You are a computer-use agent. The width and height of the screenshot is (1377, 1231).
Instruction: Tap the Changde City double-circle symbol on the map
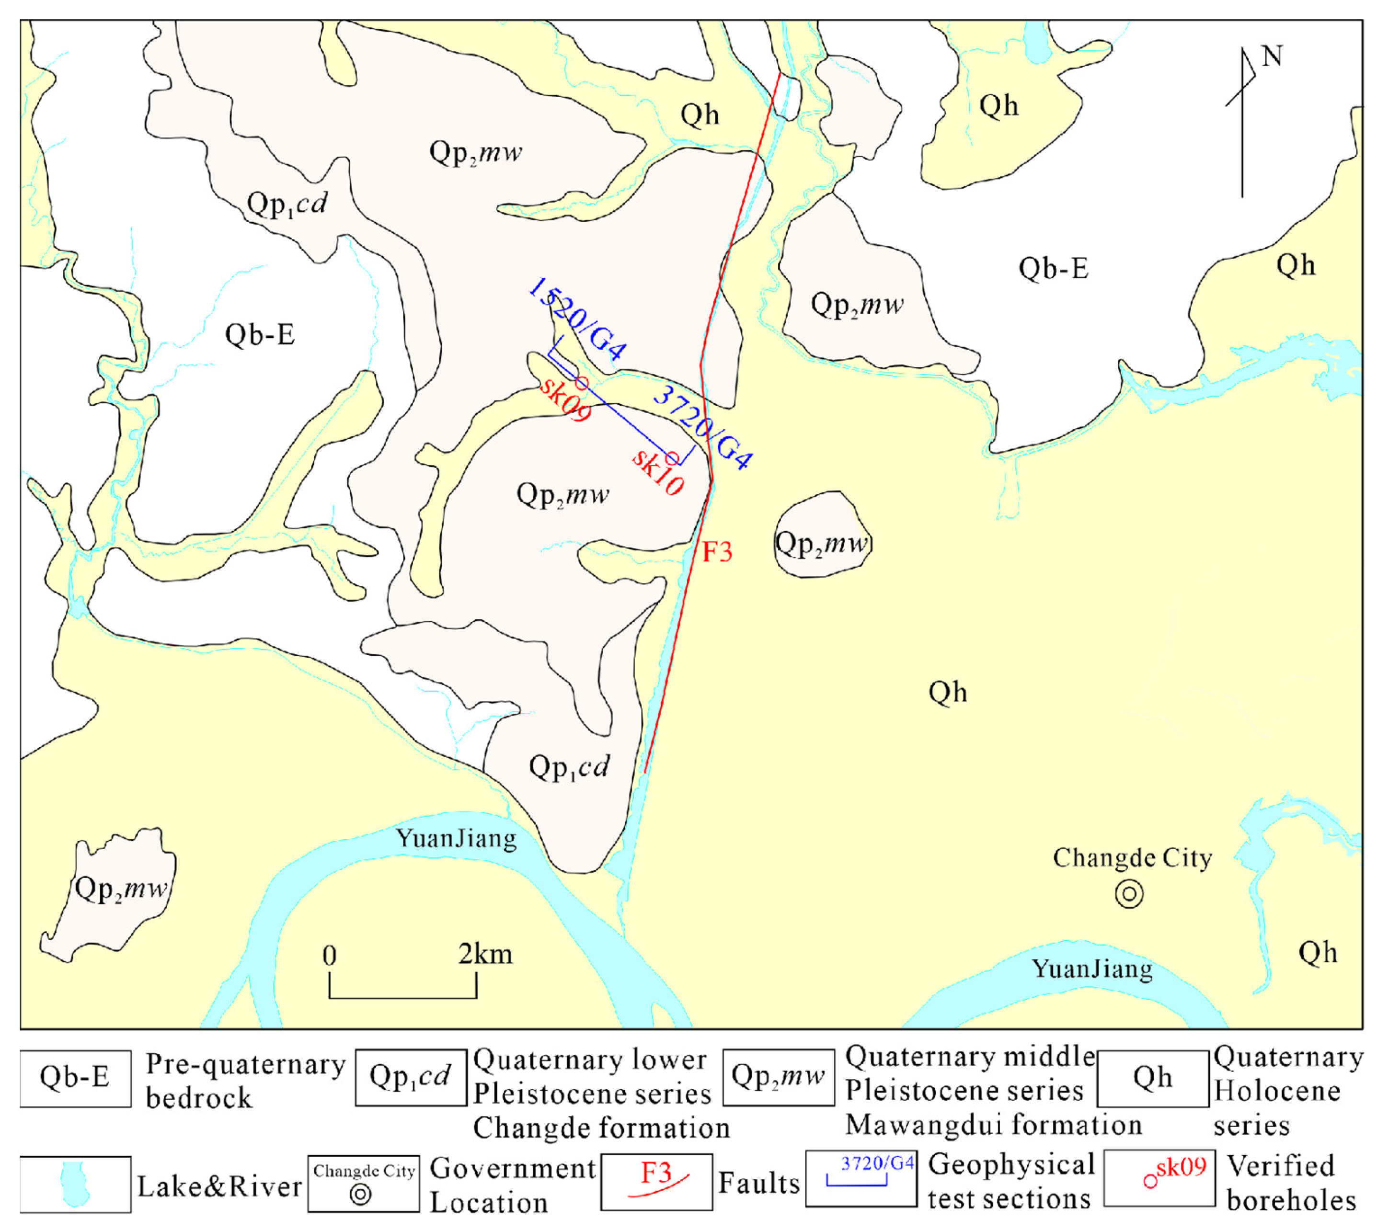pos(1129,895)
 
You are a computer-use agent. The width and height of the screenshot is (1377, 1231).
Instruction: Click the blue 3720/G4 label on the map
pos(704,428)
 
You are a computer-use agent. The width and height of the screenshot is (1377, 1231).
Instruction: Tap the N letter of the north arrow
pos(1272,56)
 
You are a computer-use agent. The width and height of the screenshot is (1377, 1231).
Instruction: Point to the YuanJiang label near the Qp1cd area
pos(456,839)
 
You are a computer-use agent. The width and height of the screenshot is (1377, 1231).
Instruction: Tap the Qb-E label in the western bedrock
pos(260,335)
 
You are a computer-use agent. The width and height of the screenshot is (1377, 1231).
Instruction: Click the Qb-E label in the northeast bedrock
pos(1054,269)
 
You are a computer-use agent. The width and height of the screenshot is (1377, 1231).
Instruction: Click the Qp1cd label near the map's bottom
pos(569,767)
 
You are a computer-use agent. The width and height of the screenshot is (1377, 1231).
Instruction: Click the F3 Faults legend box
pos(656,1182)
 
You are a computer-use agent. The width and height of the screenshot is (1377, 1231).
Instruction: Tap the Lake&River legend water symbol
pos(74,1185)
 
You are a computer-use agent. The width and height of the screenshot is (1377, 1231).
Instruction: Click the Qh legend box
pos(1152,1078)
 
